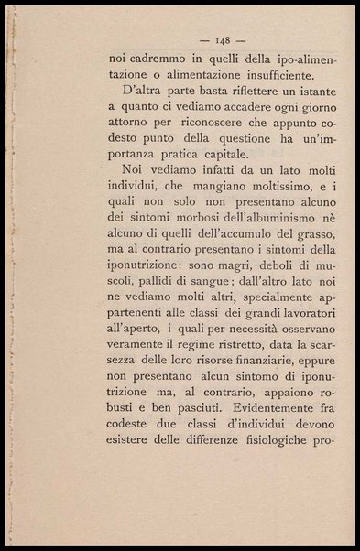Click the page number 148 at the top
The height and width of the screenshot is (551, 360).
coord(223,40)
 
